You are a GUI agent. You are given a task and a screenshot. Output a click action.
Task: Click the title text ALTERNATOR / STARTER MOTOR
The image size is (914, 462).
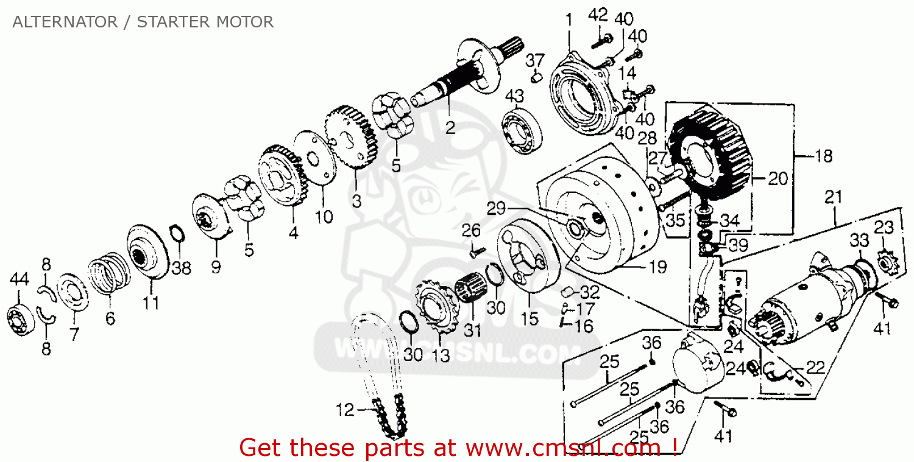point(143,22)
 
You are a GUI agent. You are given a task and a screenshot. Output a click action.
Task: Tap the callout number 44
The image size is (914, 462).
point(19,279)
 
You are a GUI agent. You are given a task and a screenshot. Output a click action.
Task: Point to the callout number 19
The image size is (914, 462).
point(658,267)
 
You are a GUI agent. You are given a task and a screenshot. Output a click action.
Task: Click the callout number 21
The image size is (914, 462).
point(833,197)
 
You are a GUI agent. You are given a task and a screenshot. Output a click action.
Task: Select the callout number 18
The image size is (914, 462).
point(823,156)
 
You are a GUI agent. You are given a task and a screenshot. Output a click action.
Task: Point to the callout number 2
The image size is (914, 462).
point(450,128)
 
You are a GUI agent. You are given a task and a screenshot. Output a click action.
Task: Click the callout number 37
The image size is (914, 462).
point(534,60)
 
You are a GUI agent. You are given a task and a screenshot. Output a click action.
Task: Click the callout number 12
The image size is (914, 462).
point(345,410)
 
